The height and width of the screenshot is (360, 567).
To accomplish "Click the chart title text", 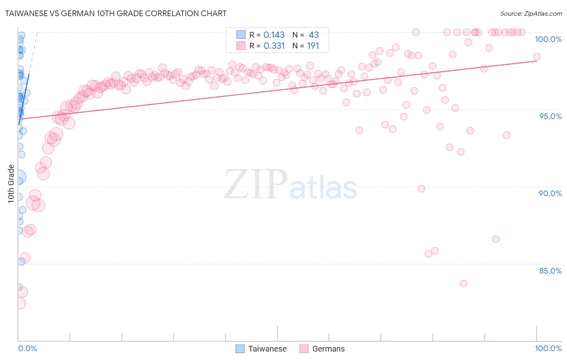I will (x=116, y=13).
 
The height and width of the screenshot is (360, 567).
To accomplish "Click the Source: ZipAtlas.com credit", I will (x=531, y=13).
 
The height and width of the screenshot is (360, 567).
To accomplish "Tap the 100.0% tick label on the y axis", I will (x=548, y=39).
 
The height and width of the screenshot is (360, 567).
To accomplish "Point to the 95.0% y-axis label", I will (x=550, y=116).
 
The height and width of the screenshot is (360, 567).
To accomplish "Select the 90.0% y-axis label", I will (x=550, y=193).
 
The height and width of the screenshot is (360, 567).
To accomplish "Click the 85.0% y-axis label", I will (x=550, y=271).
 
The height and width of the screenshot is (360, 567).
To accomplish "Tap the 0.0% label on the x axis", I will (x=27, y=348).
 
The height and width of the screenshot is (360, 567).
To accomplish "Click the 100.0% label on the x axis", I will (x=548, y=348).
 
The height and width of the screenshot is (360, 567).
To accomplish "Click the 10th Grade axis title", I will (x=11, y=184).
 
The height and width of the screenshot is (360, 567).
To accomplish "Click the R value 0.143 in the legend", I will (x=274, y=35).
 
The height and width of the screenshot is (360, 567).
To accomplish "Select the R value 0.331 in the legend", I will (x=274, y=46).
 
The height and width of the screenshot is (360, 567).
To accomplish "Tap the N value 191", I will (x=313, y=46).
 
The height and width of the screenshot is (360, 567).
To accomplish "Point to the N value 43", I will (x=314, y=35).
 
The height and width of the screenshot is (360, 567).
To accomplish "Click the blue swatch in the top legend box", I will (x=241, y=35).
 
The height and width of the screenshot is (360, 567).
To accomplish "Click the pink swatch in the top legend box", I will (x=241, y=46).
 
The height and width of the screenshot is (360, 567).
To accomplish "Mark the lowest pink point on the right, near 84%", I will (x=464, y=284).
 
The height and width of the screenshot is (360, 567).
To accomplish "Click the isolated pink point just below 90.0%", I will (x=421, y=188).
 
